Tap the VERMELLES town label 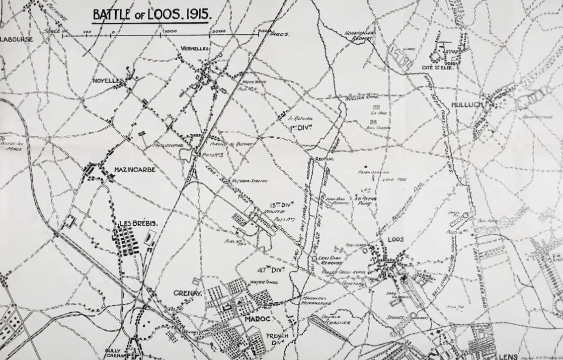point(195,49)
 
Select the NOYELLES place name point(108,81)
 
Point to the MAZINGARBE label point(135,170)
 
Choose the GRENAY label point(187,293)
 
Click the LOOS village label point(396,240)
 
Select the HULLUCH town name point(467,105)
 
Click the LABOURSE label point(16,39)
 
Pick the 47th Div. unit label point(270,270)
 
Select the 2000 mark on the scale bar point(218,31)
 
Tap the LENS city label point(508,357)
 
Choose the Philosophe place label point(169,146)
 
